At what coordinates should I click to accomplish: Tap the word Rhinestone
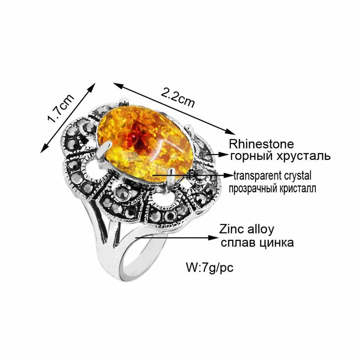(261, 144)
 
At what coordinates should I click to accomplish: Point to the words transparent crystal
(272, 175)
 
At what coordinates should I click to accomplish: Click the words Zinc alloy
(247, 229)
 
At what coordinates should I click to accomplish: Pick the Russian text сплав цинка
(257, 243)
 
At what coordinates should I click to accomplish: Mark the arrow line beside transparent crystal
(193, 173)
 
